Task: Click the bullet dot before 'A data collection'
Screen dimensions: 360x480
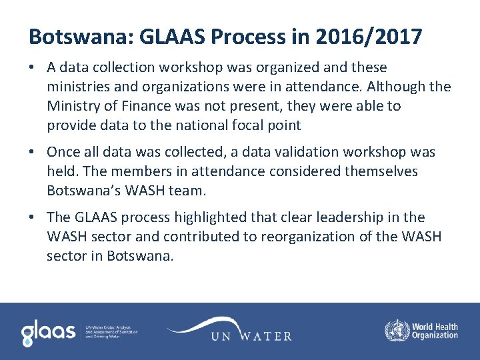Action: pyautogui.click(x=33, y=67)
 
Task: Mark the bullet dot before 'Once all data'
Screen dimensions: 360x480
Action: pyautogui.click(x=33, y=153)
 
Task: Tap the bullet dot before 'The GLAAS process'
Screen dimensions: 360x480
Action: pyautogui.click(x=33, y=218)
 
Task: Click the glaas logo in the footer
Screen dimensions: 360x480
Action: pyautogui.click(x=48, y=332)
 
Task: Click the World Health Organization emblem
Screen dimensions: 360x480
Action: pyautogui.click(x=397, y=331)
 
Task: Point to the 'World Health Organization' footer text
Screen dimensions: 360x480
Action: pyautogui.click(x=435, y=331)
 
